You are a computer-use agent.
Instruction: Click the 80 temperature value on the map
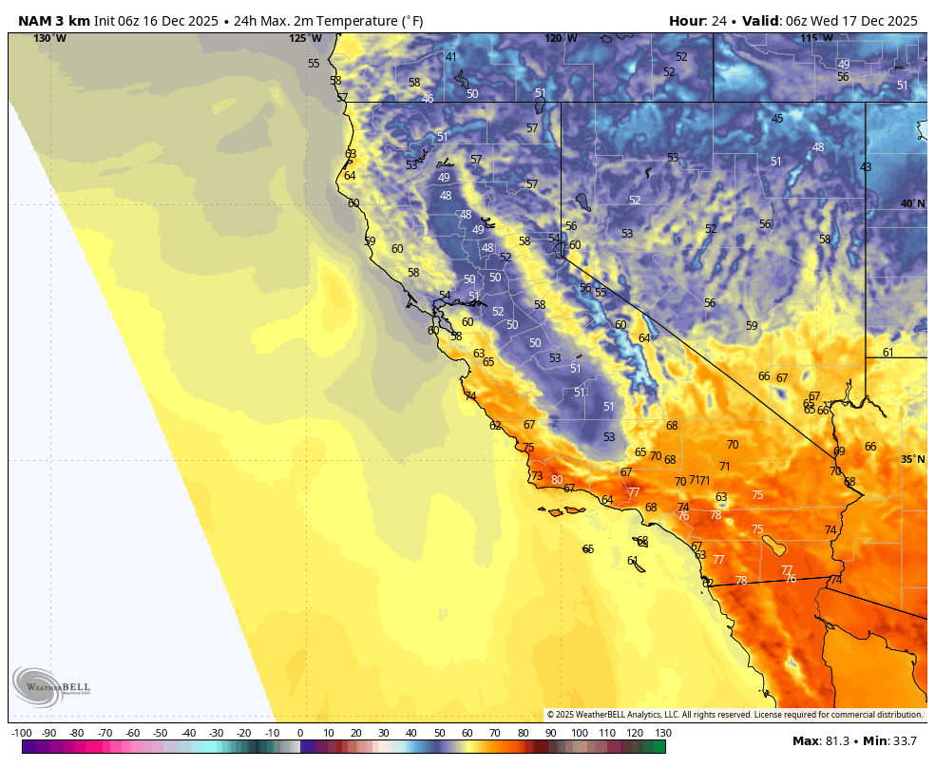tap(557, 480)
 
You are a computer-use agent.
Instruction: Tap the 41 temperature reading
tap(451, 57)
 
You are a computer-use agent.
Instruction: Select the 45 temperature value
tap(777, 119)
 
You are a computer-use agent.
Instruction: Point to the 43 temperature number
tap(866, 167)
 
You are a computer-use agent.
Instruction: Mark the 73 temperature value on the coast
tap(537, 477)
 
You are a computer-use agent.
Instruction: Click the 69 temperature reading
tap(839, 451)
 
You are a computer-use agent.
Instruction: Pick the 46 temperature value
tap(428, 99)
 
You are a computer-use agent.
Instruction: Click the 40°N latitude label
tap(912, 204)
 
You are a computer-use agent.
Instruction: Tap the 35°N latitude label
tap(912, 460)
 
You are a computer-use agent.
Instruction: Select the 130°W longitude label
tap(49, 39)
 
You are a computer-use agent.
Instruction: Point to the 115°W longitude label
tap(815, 39)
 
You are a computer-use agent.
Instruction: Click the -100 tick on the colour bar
tap(22, 733)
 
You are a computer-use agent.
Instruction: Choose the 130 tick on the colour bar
tap(663, 733)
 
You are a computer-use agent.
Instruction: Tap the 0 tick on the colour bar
tap(300, 733)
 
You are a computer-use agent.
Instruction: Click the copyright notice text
tap(735, 715)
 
